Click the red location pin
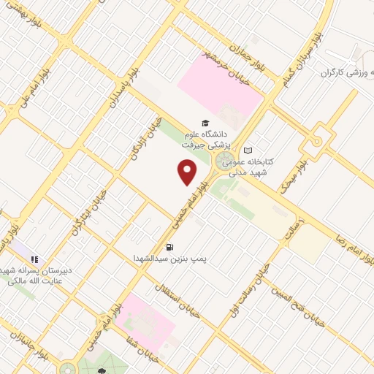click(x=188, y=172)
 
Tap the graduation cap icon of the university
click(x=205, y=123)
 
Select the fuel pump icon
click(x=170, y=247)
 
